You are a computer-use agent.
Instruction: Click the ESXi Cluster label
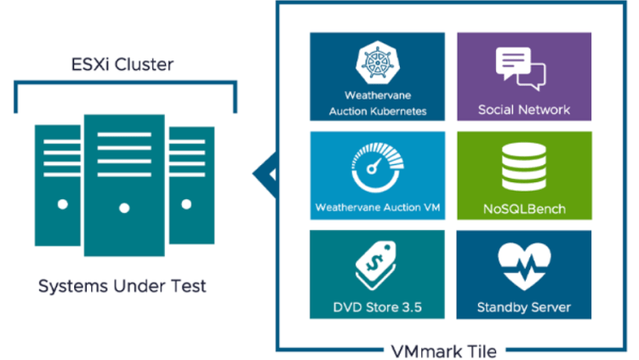(x=123, y=65)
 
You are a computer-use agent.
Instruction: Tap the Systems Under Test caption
(x=122, y=286)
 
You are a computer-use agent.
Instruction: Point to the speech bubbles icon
(x=523, y=68)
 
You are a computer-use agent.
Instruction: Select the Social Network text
(x=523, y=110)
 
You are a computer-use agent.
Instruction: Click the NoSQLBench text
(x=523, y=209)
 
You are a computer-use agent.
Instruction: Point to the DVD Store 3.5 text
(x=377, y=306)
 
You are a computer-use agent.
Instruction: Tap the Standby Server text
(x=523, y=306)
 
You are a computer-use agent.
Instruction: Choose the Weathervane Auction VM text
(x=377, y=207)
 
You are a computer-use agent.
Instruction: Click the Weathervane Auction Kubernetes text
(x=377, y=103)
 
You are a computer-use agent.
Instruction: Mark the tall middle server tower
(x=124, y=183)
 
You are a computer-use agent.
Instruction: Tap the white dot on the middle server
(x=125, y=208)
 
